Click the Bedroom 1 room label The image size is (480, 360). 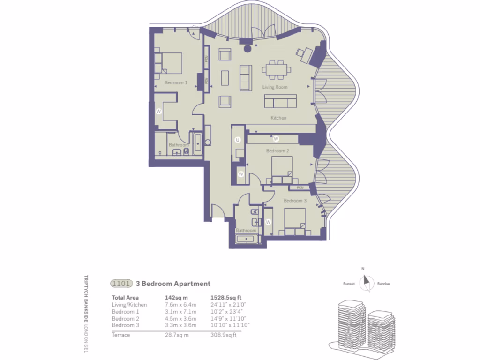pyautogui.click(x=176, y=82)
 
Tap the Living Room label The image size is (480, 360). pyautogui.click(x=275, y=87)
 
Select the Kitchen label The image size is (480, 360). pyautogui.click(x=278, y=118)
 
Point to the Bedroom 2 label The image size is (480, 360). pyautogui.click(x=277, y=151)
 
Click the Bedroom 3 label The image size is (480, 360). pyautogui.click(x=295, y=201)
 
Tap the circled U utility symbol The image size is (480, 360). pyautogui.click(x=238, y=140)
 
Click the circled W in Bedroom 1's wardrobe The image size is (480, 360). pyautogui.click(x=158, y=112)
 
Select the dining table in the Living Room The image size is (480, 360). pyautogui.click(x=277, y=70)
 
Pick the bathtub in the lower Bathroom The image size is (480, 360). pyautogui.click(x=249, y=239)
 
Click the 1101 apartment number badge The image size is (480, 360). pyautogui.click(x=121, y=284)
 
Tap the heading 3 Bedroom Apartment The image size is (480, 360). pyautogui.click(x=173, y=284)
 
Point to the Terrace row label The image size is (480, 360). pyautogui.click(x=121, y=335)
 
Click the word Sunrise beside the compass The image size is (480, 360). pyautogui.click(x=383, y=284)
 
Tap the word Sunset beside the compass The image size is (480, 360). pyautogui.click(x=349, y=284)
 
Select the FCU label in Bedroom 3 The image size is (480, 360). pyautogui.click(x=300, y=187)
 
